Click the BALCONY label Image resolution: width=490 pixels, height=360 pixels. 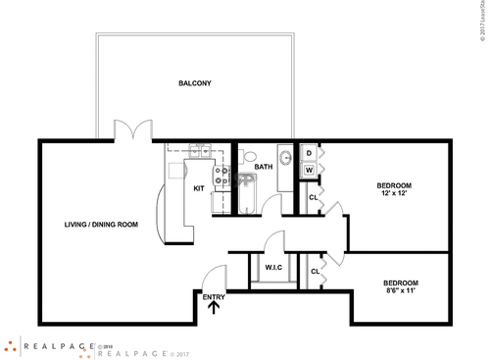click(195, 83)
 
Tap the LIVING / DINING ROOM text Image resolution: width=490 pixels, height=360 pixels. click(95, 224)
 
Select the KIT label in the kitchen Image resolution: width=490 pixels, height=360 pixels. click(199, 188)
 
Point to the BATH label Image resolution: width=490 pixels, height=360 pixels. click(264, 167)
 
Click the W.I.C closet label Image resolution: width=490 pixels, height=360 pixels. click(272, 266)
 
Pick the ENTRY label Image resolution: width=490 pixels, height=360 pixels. click(213, 296)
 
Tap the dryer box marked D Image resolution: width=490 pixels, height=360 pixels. click(309, 153)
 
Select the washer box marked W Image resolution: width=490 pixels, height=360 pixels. click(309, 171)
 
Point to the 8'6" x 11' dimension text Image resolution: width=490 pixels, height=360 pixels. click(401, 290)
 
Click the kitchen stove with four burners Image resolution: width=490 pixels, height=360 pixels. click(222, 176)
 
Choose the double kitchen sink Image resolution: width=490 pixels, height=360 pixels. click(199, 150)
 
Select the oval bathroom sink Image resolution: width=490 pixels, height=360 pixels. click(285, 156)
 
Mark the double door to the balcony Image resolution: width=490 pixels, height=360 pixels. click(131, 130)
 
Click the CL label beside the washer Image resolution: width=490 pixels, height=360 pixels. click(313, 197)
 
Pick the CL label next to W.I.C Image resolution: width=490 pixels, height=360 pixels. click(315, 271)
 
